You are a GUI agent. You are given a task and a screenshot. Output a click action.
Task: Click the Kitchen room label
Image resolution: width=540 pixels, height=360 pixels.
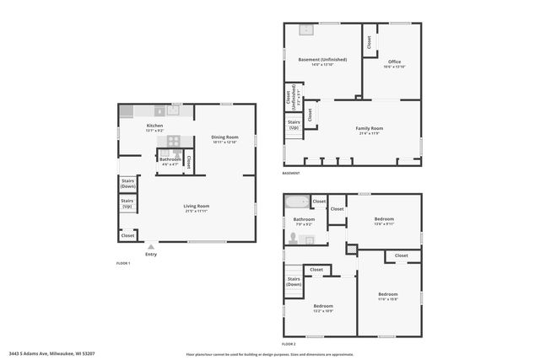pyautogui.click(x=154, y=126)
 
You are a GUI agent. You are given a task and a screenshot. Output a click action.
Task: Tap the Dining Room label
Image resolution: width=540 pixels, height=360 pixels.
pyautogui.click(x=224, y=137)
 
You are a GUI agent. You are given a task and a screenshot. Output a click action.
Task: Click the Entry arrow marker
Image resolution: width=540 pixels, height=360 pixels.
pyautogui.click(x=151, y=246)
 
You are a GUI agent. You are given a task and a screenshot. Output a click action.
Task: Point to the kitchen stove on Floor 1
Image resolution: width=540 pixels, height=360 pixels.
pyautogui.click(x=173, y=110)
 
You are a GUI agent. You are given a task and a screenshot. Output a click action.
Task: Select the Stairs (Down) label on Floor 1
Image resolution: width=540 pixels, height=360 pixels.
pyautogui.click(x=128, y=182)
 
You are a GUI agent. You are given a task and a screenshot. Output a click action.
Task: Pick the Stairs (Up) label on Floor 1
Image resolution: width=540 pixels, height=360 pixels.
pyautogui.click(x=128, y=203)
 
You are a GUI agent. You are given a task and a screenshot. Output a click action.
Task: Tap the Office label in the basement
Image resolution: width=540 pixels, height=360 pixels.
pyautogui.click(x=394, y=62)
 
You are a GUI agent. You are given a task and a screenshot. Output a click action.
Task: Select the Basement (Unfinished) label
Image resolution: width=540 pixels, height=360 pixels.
pyautogui.click(x=321, y=59)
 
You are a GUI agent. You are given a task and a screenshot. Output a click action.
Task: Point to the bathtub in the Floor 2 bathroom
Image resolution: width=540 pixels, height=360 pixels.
pyautogui.click(x=297, y=202)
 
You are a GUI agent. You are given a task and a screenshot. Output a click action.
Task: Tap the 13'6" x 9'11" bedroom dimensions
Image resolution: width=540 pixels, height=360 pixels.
pyautogui.click(x=385, y=223)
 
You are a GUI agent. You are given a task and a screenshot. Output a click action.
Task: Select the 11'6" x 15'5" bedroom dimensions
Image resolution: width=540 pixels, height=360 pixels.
pyautogui.click(x=388, y=298)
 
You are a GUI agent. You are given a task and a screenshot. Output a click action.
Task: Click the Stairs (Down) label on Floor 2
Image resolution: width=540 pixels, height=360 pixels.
pyautogui.click(x=294, y=282)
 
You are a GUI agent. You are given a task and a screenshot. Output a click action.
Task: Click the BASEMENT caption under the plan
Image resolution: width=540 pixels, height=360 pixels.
pyautogui.click(x=292, y=174)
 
